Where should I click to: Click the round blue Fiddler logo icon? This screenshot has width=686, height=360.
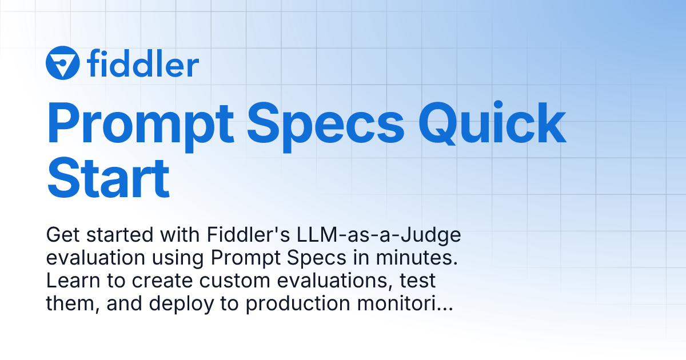coord(63,62)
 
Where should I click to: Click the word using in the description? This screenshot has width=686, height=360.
coord(179,258)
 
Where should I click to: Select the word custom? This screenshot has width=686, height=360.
coord(222,281)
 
